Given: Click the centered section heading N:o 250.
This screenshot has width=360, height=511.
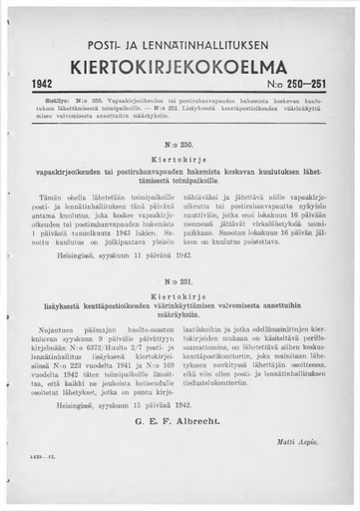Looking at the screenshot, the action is pyautogui.click(x=180, y=143).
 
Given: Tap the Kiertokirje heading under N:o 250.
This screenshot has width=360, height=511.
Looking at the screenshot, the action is pyautogui.click(x=180, y=158).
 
